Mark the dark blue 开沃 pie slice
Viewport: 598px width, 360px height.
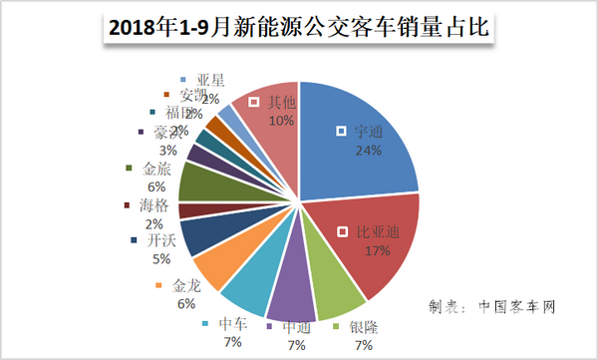(199, 235)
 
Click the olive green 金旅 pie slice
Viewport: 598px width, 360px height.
(197, 183)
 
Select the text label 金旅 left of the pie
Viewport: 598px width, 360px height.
(157, 170)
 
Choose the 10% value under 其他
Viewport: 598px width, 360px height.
(281, 121)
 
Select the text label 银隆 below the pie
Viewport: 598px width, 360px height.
(364, 327)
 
